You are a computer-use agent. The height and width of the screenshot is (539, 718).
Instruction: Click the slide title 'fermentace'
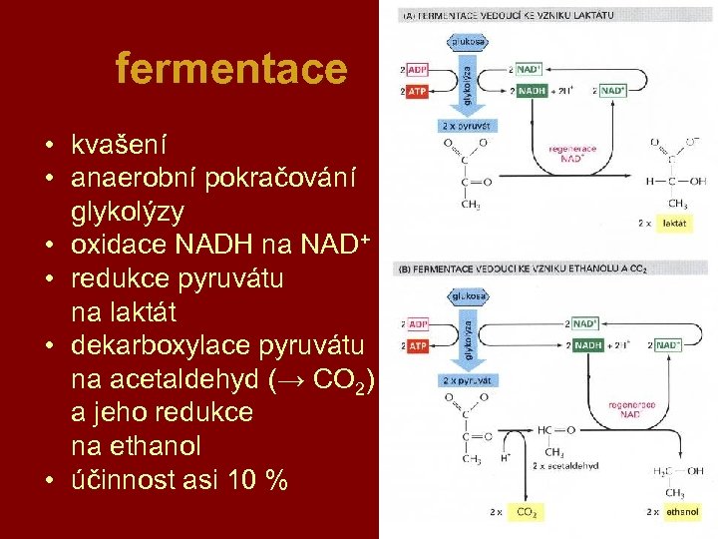coord(230,70)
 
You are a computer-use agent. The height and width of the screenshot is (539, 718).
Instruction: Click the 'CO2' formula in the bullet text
coord(338,380)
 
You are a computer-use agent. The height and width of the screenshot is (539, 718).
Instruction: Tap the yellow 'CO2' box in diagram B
coord(525,511)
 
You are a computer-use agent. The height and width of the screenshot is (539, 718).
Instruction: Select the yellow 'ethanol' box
coord(683,511)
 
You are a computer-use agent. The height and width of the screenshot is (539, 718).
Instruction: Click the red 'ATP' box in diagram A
coord(418,91)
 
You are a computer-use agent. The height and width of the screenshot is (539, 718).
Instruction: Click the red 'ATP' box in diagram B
coord(418,345)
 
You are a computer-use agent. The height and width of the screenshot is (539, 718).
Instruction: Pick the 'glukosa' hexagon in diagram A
coord(468,42)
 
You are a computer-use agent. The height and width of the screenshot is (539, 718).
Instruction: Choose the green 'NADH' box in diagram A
coord(532,91)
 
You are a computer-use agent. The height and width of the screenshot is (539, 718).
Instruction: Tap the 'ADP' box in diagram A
coord(418,70)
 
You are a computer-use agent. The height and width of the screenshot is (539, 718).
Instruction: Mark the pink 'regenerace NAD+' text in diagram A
coord(572,155)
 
